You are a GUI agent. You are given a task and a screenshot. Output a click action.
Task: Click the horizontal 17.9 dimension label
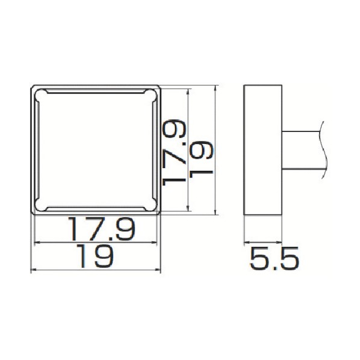(x=102, y=229)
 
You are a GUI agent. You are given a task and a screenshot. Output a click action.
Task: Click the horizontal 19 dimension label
(x=95, y=256)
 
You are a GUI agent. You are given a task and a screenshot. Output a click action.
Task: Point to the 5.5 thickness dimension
(x=275, y=258)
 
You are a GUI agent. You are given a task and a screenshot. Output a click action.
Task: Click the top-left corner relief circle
(x=42, y=96)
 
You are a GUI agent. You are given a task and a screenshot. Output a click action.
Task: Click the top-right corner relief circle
(x=151, y=96)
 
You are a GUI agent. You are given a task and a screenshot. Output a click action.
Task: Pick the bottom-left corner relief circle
(x=42, y=205)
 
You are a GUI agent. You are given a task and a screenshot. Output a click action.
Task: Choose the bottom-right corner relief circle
(x=151, y=205)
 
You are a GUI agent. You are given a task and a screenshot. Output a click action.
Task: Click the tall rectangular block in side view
(x=263, y=150)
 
